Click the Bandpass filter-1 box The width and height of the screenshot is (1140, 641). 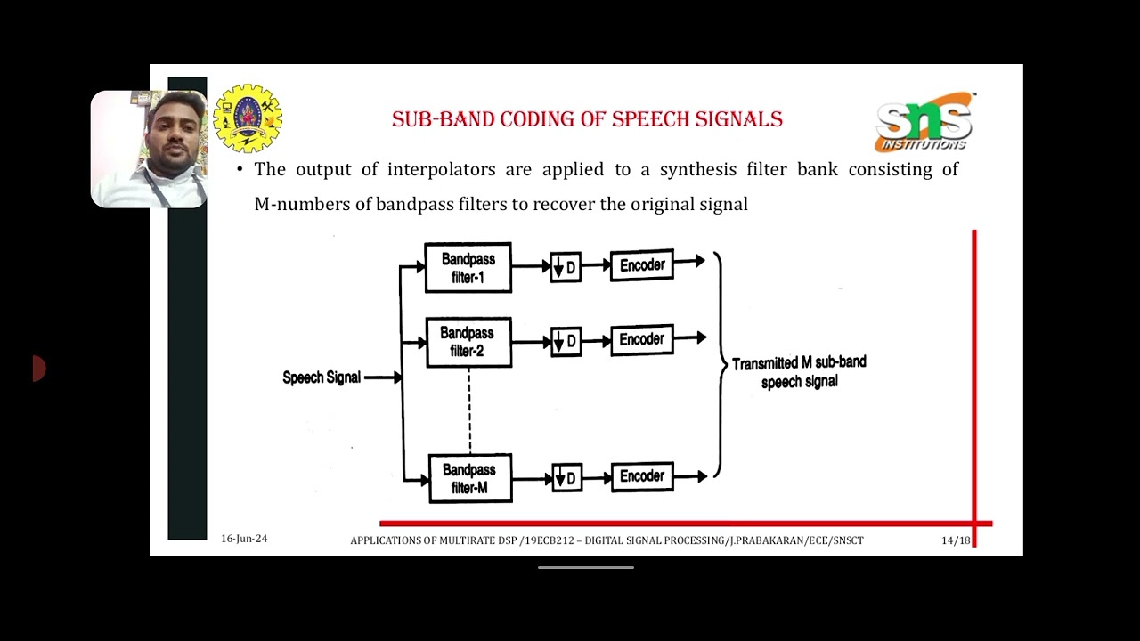click(x=468, y=267)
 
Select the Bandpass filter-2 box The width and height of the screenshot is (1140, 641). click(x=468, y=342)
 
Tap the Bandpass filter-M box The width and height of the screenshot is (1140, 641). click(x=469, y=478)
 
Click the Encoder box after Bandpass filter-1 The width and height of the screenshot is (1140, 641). click(x=641, y=265)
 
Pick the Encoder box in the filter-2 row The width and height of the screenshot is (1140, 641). click(x=641, y=340)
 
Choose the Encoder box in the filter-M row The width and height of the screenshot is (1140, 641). click(x=641, y=476)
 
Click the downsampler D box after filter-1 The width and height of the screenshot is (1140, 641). click(x=566, y=267)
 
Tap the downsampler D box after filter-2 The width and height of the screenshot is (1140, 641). click(x=566, y=342)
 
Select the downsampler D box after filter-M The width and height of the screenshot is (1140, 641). click(x=566, y=478)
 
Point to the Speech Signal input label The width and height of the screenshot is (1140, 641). click(x=322, y=377)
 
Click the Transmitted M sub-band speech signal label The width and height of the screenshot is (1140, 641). click(x=799, y=372)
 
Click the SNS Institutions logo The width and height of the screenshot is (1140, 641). click(x=924, y=122)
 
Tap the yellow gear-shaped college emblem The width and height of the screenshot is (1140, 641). click(x=248, y=118)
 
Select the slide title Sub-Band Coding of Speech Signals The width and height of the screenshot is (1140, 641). click(x=587, y=119)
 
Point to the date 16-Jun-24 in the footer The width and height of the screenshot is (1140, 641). click(x=244, y=539)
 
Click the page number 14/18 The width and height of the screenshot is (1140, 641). click(x=956, y=540)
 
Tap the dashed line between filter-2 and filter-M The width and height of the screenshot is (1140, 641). click(x=469, y=410)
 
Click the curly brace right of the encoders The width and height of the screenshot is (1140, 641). click(x=718, y=365)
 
